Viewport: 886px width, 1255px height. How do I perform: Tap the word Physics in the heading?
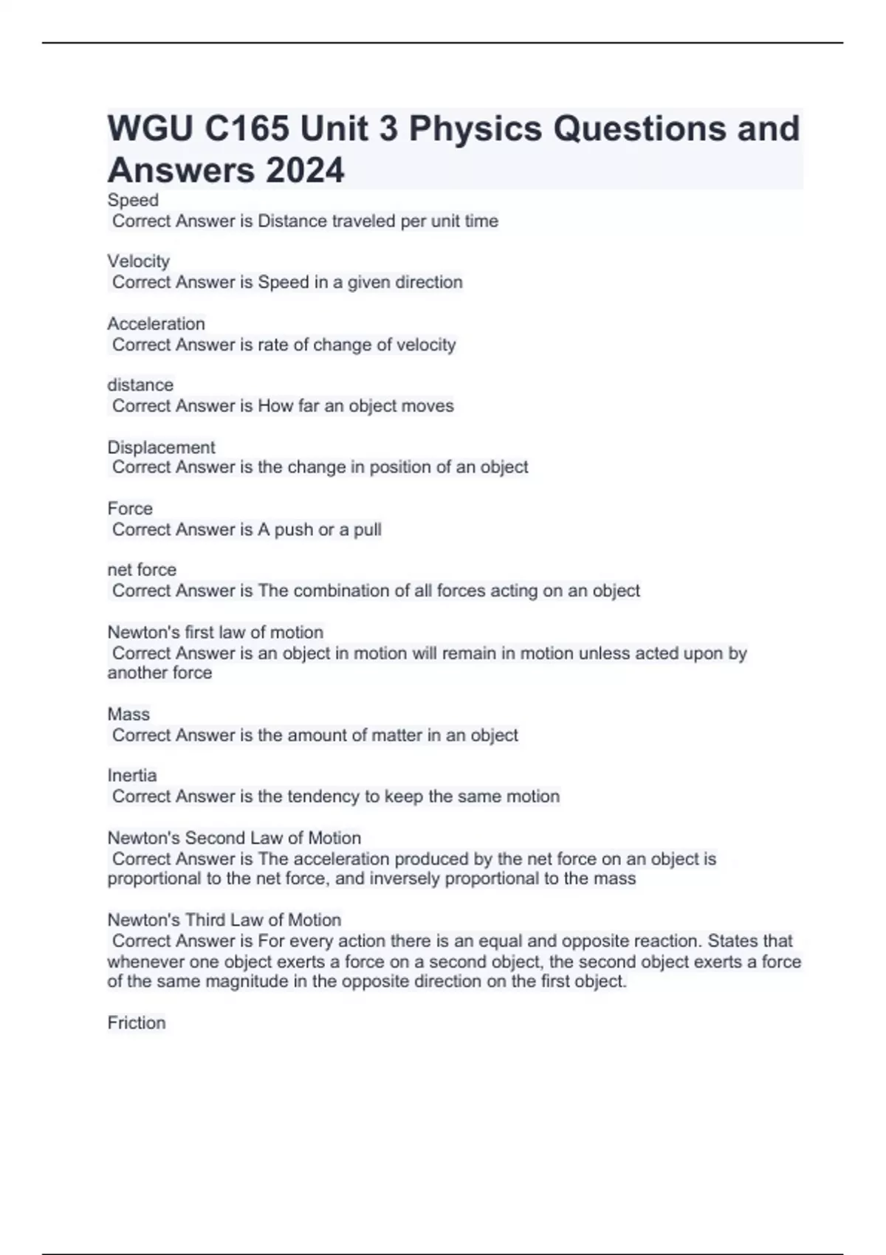coord(475,128)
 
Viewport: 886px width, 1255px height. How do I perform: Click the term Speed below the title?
coord(133,200)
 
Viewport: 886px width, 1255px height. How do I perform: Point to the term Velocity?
coord(138,261)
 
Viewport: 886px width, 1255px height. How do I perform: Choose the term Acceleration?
coord(156,323)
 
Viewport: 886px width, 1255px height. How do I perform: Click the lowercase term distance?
coord(140,385)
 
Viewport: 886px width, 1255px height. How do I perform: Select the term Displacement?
coord(161,447)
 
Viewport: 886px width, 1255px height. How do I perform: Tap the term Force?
coord(130,509)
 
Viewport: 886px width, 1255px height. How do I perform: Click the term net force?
coord(142,570)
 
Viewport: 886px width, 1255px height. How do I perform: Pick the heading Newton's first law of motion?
coord(215,632)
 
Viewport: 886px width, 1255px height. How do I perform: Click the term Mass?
coord(128,714)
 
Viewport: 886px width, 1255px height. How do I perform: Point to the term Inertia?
coord(132,775)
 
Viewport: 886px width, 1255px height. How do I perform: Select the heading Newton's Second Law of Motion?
coord(234,838)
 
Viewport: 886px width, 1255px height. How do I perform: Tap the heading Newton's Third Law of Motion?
coord(224,920)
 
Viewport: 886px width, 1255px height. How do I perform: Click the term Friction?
coord(137,1022)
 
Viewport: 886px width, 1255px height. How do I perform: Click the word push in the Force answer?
coord(294,529)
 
